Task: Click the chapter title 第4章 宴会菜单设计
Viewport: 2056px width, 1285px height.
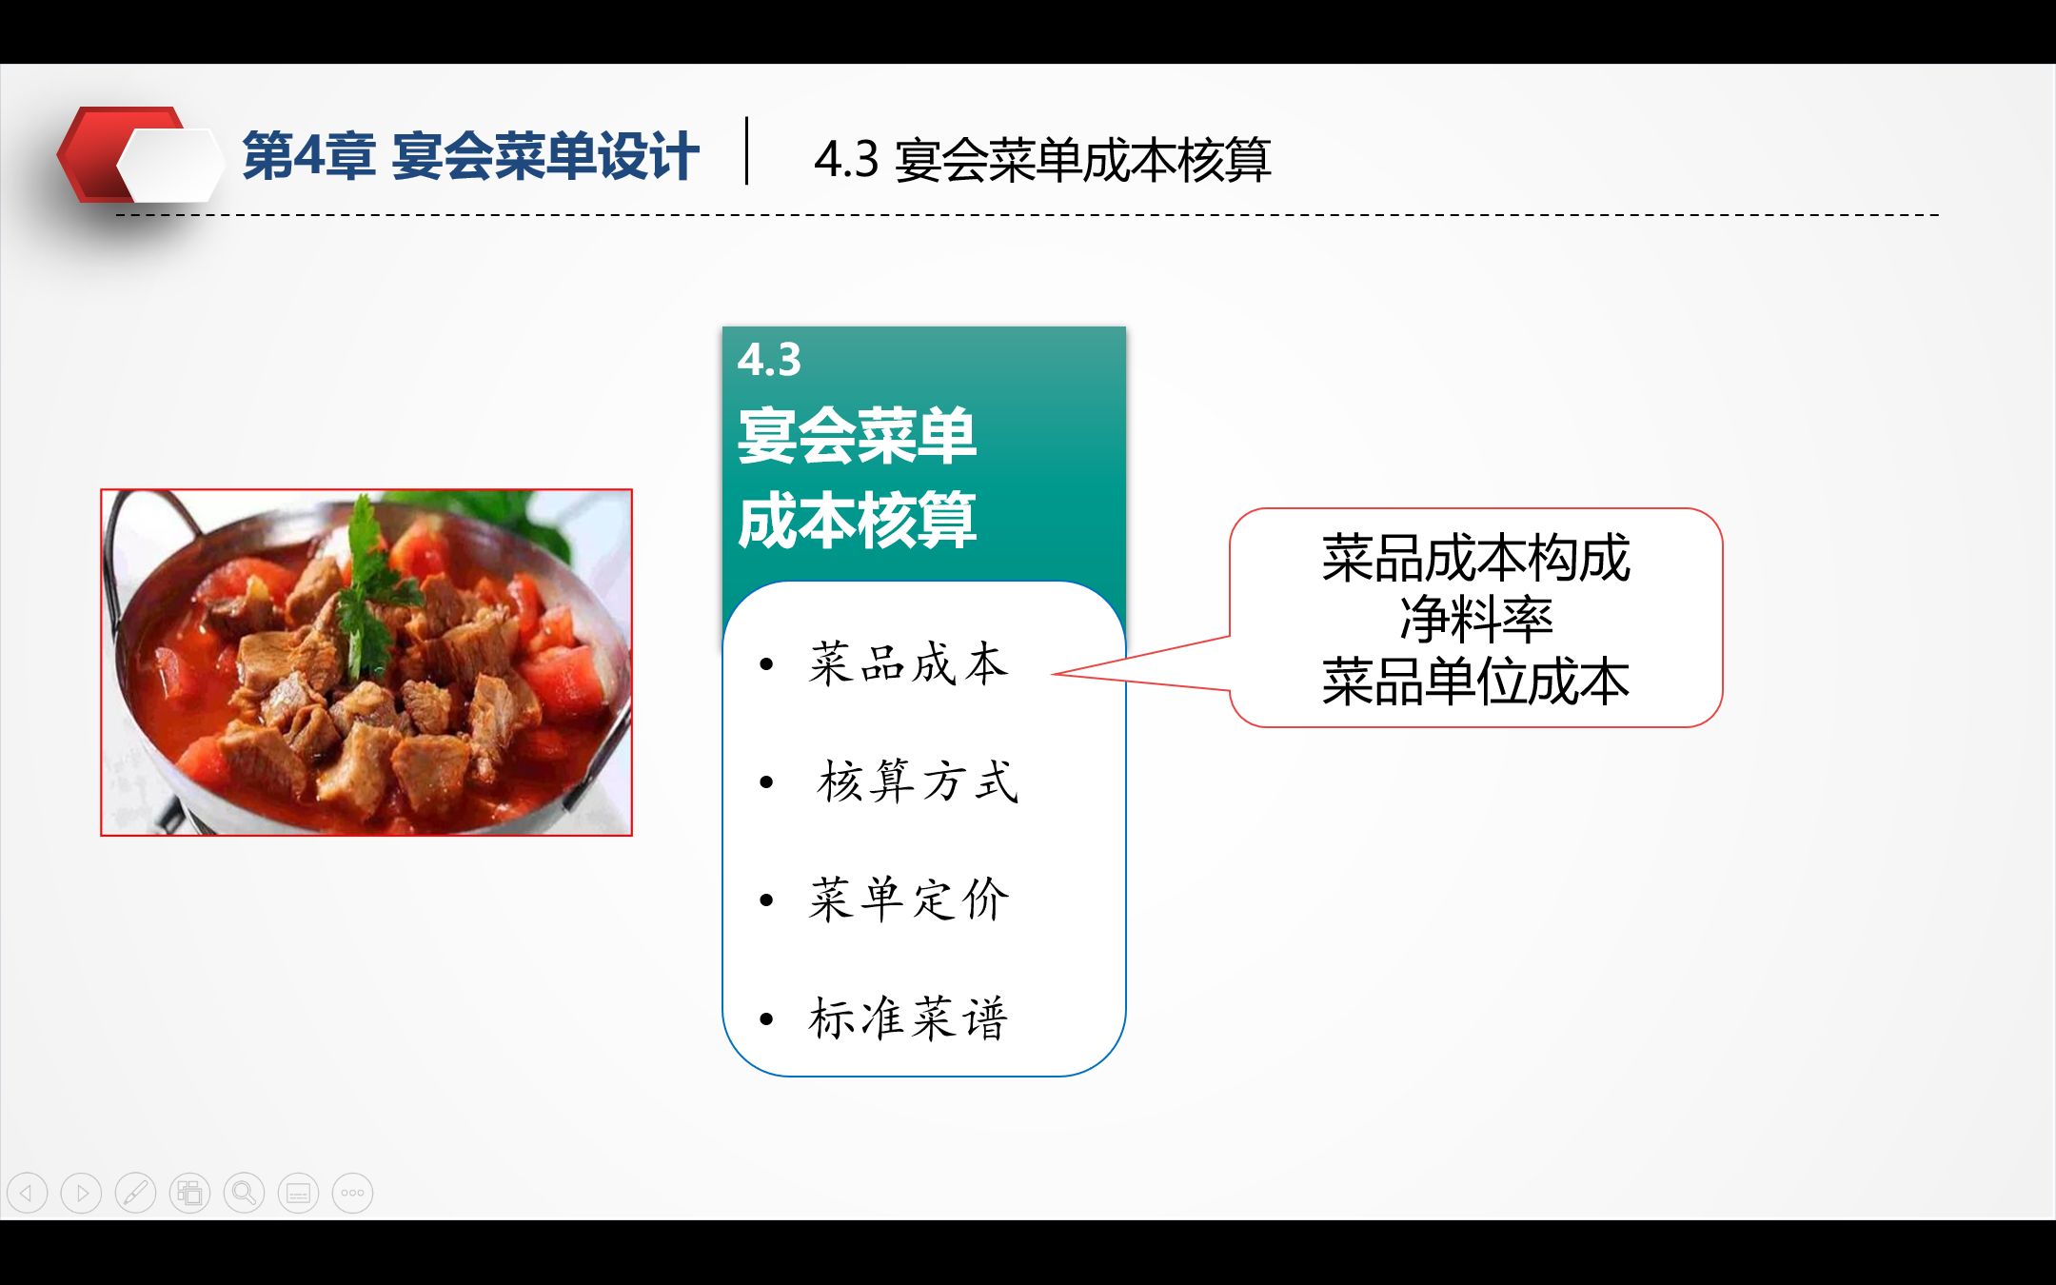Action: point(470,156)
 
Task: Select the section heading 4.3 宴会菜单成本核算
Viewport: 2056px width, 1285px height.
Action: point(1042,159)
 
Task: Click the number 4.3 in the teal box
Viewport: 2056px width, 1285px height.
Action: point(769,360)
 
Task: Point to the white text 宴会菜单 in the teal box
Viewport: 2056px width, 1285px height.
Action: point(857,435)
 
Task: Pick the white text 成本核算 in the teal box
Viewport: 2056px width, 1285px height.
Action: point(857,520)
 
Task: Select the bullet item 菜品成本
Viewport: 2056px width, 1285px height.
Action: point(908,663)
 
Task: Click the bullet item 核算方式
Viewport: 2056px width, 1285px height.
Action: point(918,781)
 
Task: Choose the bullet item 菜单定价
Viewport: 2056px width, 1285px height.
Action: point(908,899)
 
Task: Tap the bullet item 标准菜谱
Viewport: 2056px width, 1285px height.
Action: point(908,1018)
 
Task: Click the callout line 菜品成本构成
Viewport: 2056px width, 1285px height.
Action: point(1475,558)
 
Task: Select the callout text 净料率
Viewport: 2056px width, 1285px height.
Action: point(1475,620)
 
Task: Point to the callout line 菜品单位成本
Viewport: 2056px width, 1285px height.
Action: point(1475,682)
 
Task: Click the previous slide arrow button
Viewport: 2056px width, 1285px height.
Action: point(27,1193)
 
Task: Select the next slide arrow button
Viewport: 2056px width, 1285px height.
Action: point(81,1193)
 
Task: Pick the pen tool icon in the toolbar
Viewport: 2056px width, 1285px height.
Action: point(135,1193)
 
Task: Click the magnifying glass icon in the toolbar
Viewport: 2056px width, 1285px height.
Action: point(244,1193)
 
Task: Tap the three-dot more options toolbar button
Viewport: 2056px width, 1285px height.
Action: point(352,1193)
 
